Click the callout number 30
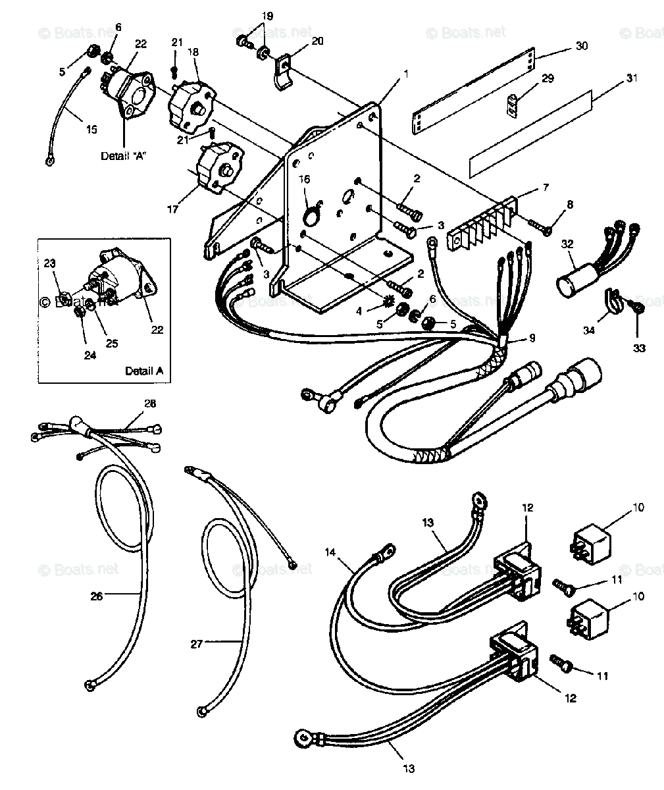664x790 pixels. coord(581,46)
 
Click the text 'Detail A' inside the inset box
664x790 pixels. coord(143,371)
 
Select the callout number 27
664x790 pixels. coord(196,645)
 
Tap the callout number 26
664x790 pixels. coord(97,596)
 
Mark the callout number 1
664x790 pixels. coord(406,74)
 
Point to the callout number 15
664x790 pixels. coord(91,129)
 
